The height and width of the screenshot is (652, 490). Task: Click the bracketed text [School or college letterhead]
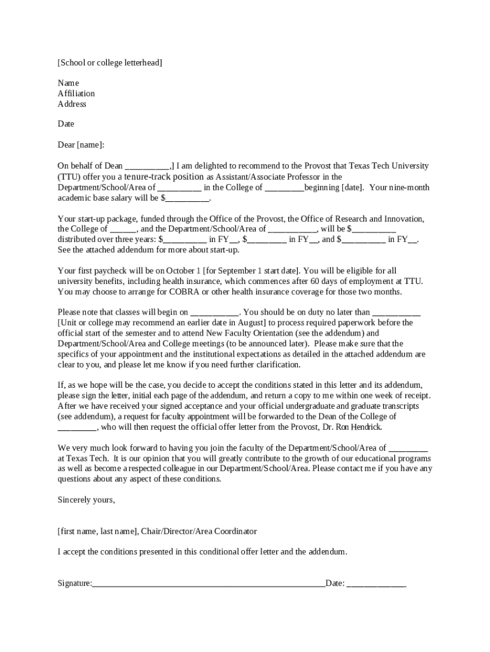tap(109, 62)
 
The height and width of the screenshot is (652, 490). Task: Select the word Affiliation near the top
tap(76, 94)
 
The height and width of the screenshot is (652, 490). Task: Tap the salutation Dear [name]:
tap(81, 145)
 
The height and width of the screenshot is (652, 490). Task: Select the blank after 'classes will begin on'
tap(214, 313)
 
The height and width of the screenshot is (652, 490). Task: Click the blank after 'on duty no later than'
tap(396, 313)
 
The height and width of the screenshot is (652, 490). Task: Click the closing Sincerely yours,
tap(87, 500)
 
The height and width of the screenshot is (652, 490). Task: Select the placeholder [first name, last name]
tap(97, 531)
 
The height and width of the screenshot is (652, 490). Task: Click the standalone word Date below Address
tap(66, 124)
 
